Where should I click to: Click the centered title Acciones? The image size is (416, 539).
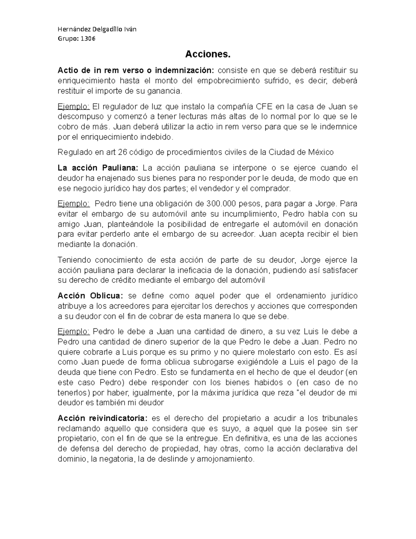coord(208,54)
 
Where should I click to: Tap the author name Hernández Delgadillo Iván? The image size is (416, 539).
coord(97,29)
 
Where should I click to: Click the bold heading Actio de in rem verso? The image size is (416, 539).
coord(100,70)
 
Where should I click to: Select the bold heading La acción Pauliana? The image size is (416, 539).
coord(98,168)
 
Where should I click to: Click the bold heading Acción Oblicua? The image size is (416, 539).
coord(90,296)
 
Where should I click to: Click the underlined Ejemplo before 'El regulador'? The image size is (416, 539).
coord(74,106)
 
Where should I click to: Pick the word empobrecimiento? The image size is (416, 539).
coord(228,81)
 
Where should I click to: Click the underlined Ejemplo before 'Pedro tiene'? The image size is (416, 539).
coord(74,203)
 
